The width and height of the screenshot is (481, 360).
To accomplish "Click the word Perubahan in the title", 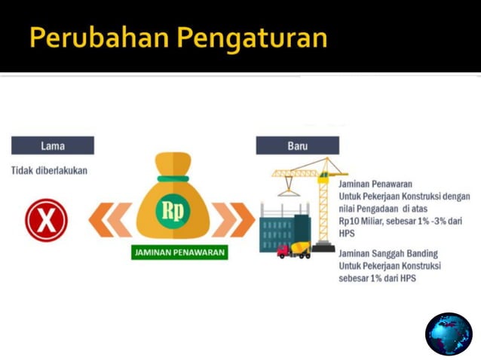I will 91,38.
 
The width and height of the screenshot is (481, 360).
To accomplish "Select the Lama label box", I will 52,145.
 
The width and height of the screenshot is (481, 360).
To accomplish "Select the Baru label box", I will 297,145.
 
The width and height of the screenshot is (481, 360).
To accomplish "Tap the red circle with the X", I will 46,220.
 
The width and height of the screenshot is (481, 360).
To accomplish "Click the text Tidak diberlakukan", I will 49,170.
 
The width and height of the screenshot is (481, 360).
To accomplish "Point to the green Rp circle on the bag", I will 173,209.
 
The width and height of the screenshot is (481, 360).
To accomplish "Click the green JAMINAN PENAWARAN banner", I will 179,252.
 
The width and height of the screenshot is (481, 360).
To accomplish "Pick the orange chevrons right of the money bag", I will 234,220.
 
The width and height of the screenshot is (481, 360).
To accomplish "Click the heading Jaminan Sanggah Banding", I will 388,253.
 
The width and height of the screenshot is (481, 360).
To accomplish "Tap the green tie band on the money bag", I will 173,178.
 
